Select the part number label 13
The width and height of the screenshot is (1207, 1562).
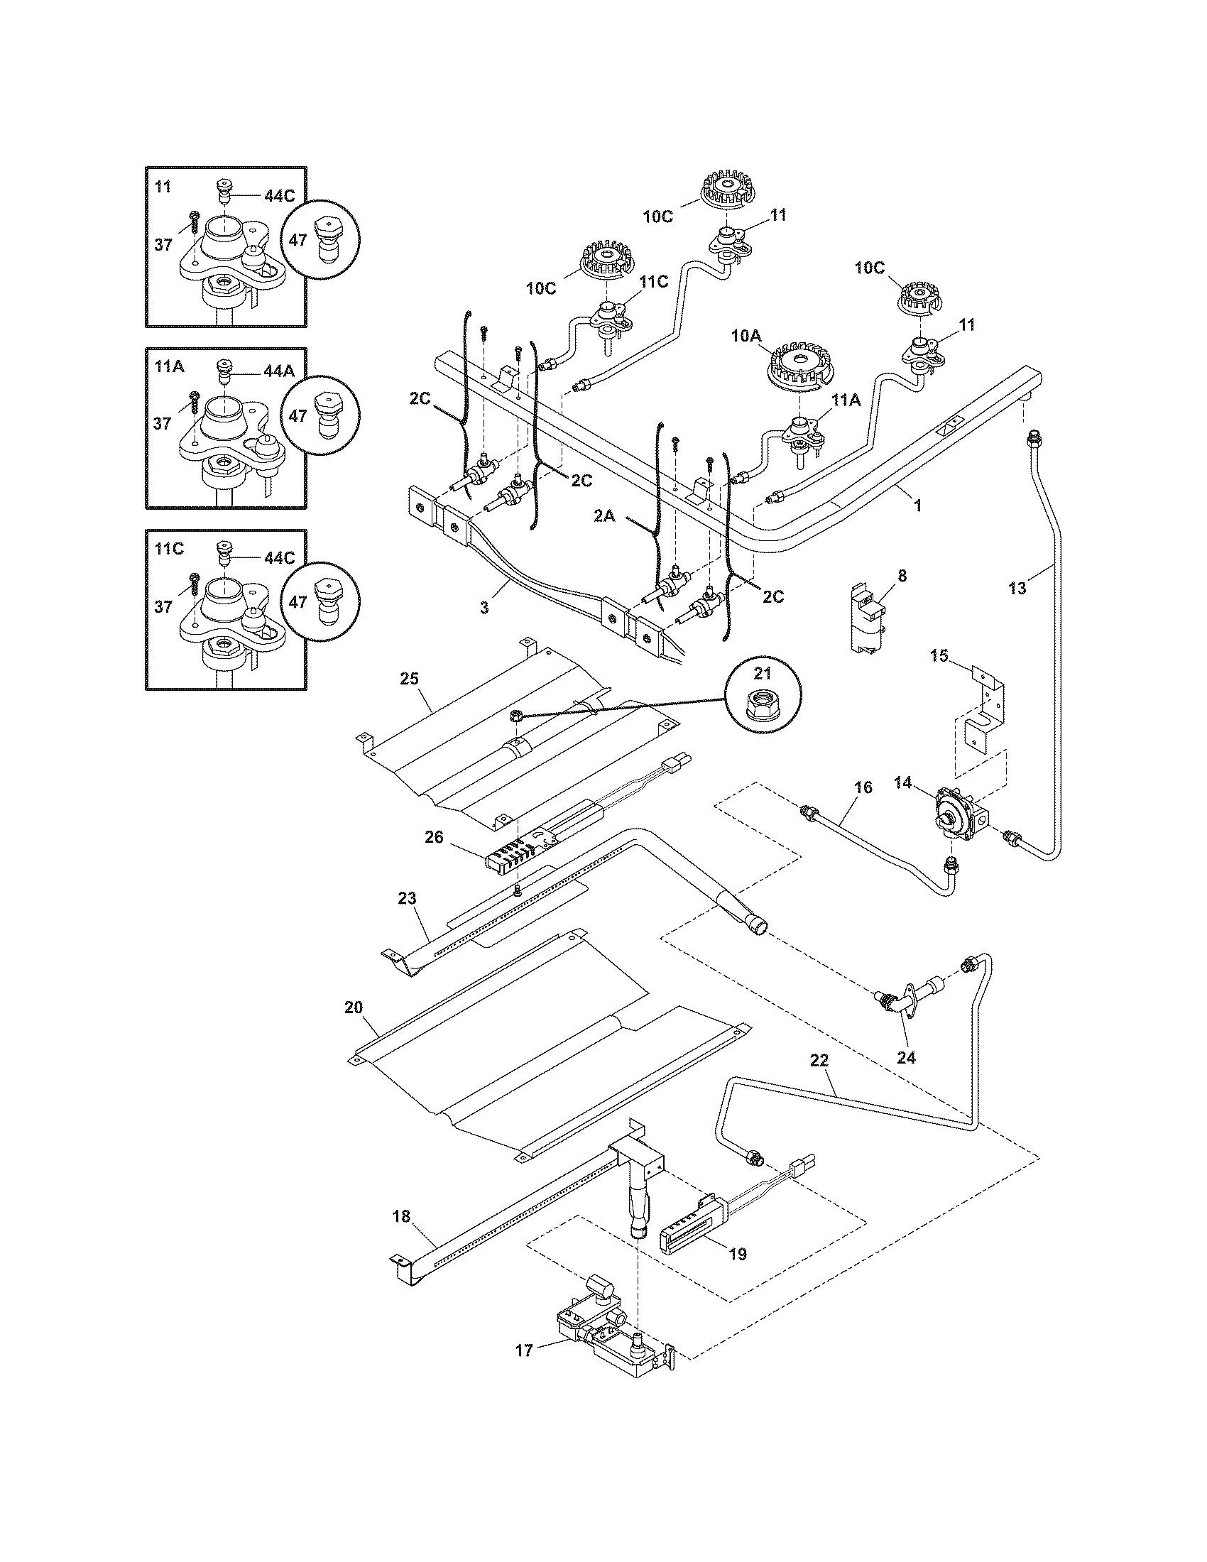tap(1017, 588)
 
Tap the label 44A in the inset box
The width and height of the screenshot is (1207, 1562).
tap(279, 371)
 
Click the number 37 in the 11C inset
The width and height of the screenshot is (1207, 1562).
tap(163, 606)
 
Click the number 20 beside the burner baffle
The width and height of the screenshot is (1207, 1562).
tap(354, 1007)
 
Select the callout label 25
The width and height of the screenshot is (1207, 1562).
tap(409, 678)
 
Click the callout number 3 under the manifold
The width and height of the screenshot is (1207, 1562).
tap(484, 607)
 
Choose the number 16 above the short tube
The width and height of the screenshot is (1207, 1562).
tap(863, 787)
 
